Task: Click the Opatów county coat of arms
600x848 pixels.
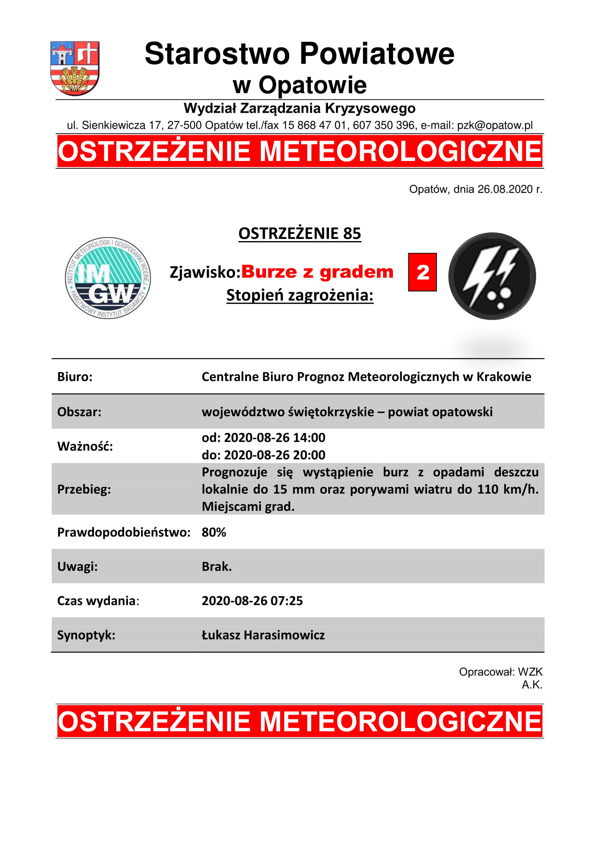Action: coord(75,68)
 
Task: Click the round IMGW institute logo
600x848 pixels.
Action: coord(108,278)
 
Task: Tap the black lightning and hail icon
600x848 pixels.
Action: coord(492,276)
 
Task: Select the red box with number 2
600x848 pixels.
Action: coord(422,272)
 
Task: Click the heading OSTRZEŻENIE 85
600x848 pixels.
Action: coord(300,233)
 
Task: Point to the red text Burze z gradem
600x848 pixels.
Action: coord(317,272)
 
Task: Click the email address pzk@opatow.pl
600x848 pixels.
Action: coord(495,125)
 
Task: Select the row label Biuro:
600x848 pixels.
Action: coord(75,377)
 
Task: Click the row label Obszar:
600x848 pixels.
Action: coord(79,412)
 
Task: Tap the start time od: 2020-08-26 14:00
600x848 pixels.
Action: coord(263,438)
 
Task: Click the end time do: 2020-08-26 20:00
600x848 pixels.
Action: coord(263,455)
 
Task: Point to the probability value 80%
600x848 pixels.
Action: coord(214,532)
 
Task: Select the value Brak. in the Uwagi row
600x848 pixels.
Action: coord(217,567)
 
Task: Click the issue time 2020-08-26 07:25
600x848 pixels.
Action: coord(252,601)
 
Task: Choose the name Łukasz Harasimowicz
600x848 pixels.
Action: coord(263,635)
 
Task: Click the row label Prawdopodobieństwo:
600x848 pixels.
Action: coord(124,532)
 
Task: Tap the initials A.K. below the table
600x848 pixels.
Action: coord(532,685)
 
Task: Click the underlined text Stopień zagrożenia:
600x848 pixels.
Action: coord(300,295)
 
